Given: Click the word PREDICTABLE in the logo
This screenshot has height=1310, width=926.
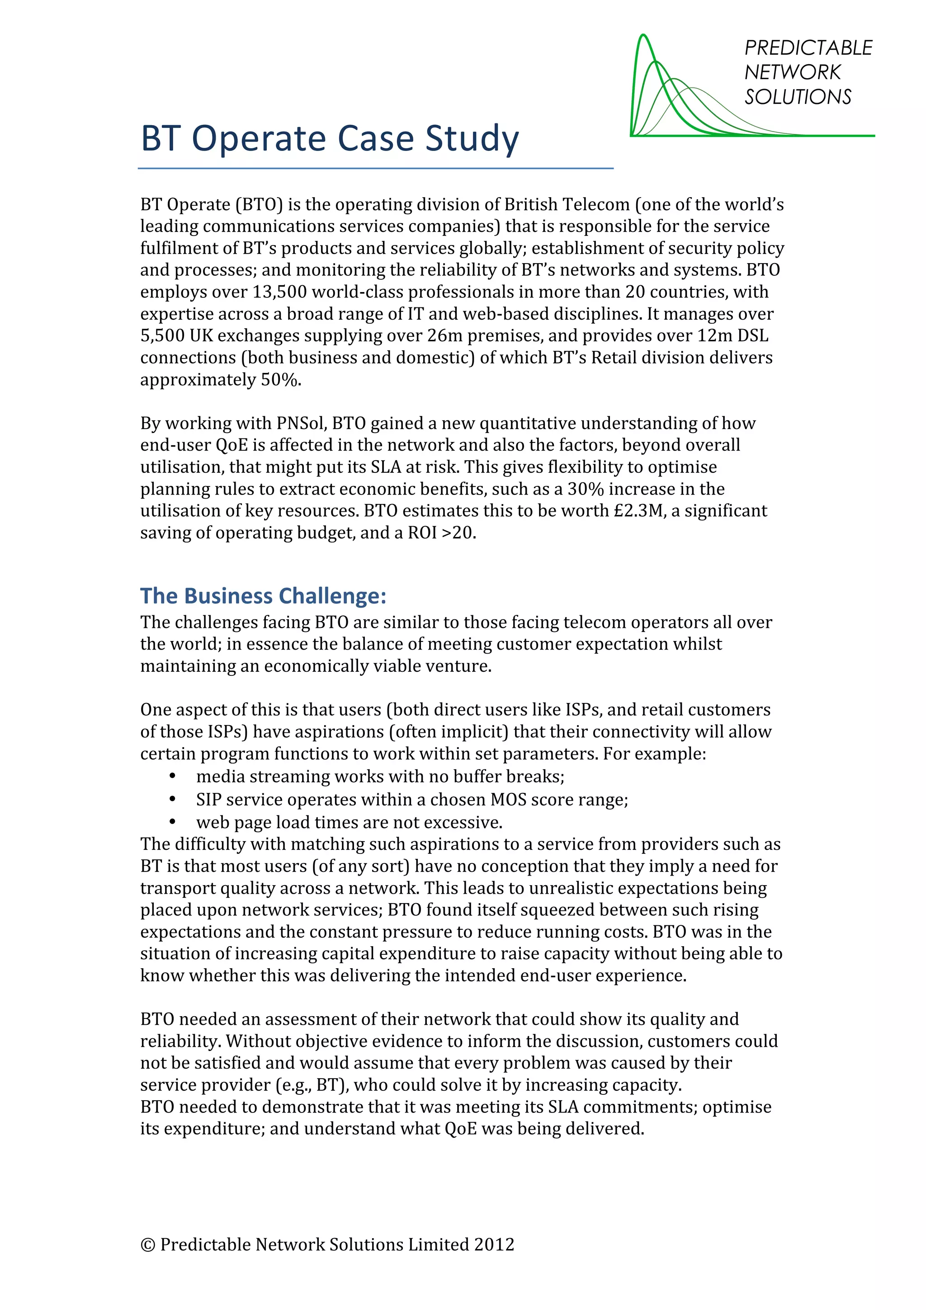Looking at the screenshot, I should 808,48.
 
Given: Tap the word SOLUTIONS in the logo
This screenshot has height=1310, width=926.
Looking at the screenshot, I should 797,97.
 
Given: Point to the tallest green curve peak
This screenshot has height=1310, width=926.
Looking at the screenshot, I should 643,37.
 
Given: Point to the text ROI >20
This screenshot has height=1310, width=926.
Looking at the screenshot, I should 441,533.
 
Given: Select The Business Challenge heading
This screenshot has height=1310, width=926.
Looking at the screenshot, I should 263,596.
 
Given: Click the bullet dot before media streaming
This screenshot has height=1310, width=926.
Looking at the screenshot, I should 172,776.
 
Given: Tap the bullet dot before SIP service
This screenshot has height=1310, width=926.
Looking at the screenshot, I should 172,799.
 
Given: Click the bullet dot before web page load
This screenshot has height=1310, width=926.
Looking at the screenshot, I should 172,822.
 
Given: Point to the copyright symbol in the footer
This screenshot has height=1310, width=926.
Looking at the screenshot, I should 147,1245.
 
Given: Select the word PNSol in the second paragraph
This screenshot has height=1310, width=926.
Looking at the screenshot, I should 301,424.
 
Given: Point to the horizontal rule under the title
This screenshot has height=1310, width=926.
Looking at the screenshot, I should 375,168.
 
